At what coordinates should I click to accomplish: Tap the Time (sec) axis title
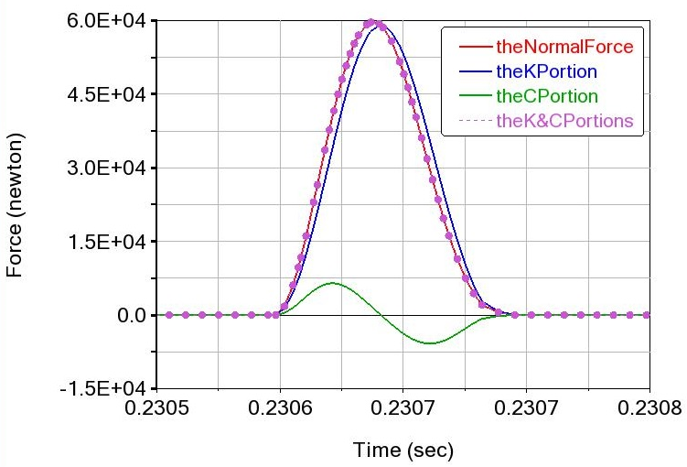pos(403,450)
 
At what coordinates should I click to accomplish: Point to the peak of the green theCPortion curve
pos(333,284)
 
